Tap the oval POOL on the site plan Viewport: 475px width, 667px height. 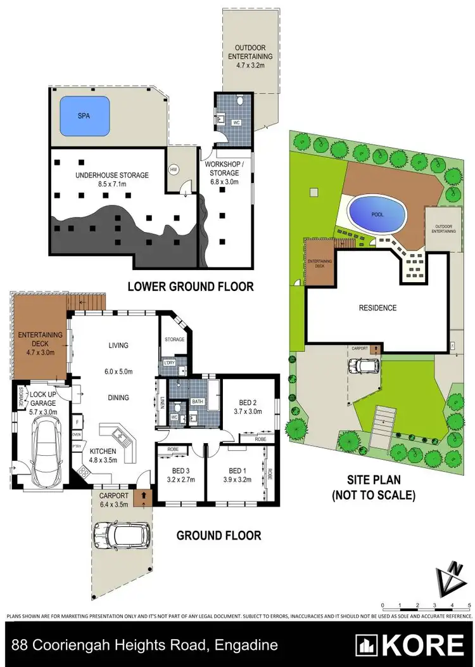377,214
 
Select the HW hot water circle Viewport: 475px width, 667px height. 173,169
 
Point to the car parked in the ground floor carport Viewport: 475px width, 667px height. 122,534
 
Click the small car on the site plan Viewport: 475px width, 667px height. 363,366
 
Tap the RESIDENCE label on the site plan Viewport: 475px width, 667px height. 377,308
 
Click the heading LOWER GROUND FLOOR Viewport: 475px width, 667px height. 191,287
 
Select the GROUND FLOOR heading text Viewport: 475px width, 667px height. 218,536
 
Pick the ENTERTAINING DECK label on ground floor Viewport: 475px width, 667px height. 39,339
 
